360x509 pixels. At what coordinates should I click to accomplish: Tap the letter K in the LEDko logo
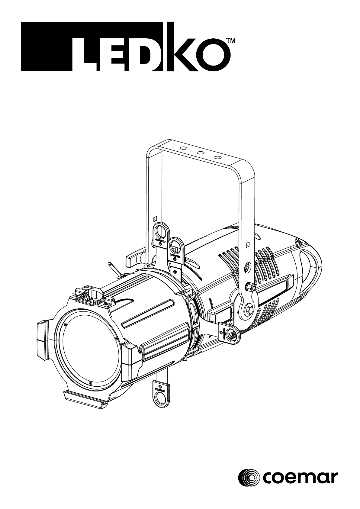pyautogui.click(x=182, y=47)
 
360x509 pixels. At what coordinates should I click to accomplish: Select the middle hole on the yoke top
pyautogui.click(x=200, y=153)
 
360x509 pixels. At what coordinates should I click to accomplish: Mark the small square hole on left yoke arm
pyautogui.click(x=155, y=219)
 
